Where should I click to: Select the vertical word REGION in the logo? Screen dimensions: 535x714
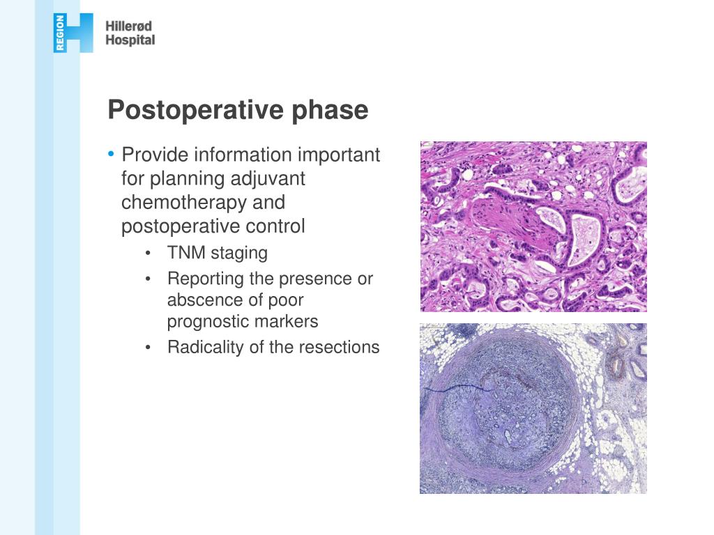[60, 33]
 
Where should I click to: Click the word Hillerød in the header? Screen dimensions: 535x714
[128, 26]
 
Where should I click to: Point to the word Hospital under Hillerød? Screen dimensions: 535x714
[130, 40]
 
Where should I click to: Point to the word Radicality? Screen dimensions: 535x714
[202, 347]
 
